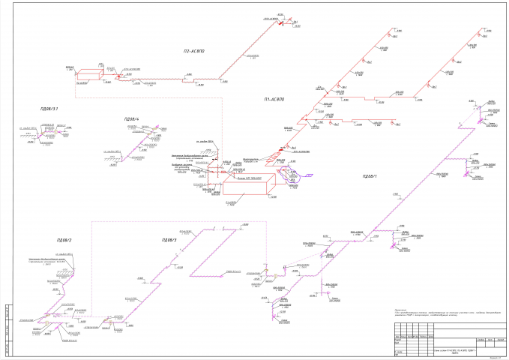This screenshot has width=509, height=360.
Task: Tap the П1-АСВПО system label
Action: [x=275, y=99]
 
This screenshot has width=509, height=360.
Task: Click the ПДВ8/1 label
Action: [x=370, y=175]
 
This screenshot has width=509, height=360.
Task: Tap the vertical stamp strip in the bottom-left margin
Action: [x=7, y=330]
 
